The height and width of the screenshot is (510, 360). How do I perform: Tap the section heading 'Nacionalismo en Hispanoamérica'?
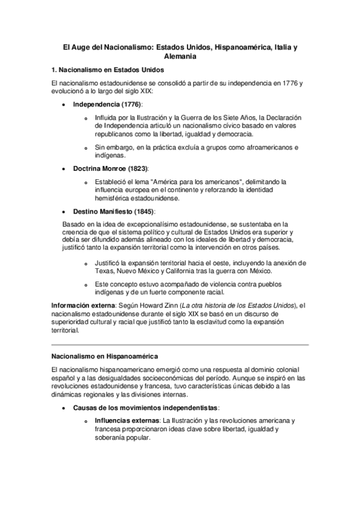pyautogui.click(x=104, y=356)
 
